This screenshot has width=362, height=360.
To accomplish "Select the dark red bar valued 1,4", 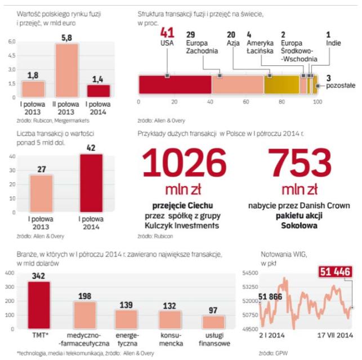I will point(99,90).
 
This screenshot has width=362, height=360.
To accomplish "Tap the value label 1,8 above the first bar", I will point(33,75).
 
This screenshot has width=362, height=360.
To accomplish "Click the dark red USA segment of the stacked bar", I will point(175,84).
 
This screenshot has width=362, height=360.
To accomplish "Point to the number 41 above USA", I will point(168,33).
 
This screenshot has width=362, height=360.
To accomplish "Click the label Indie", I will point(333,42).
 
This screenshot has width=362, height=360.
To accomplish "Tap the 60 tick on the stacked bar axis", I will point(245,102).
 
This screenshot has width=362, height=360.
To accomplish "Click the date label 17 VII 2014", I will point(333,336).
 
